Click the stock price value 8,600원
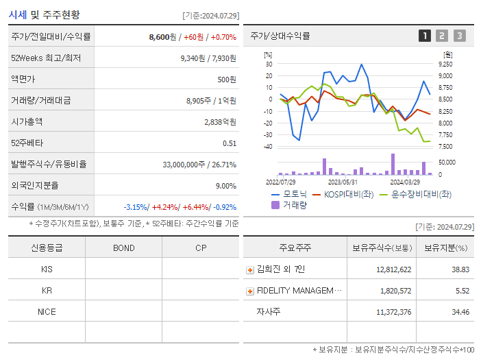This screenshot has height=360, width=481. (162, 37)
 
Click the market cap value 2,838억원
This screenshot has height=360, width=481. (220, 122)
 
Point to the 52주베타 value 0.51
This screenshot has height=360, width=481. (230, 143)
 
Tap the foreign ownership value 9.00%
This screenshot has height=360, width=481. (225, 186)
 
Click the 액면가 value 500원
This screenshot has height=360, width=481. (227, 80)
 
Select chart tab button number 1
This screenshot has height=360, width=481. (425, 36)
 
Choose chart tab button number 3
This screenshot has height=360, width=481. (459, 36)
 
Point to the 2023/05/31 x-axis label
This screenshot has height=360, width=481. (343, 182)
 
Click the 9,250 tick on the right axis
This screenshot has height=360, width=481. (445, 64)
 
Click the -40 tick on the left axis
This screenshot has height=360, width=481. (268, 147)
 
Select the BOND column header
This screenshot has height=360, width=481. (123, 248)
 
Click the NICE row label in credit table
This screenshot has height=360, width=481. (47, 312)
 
